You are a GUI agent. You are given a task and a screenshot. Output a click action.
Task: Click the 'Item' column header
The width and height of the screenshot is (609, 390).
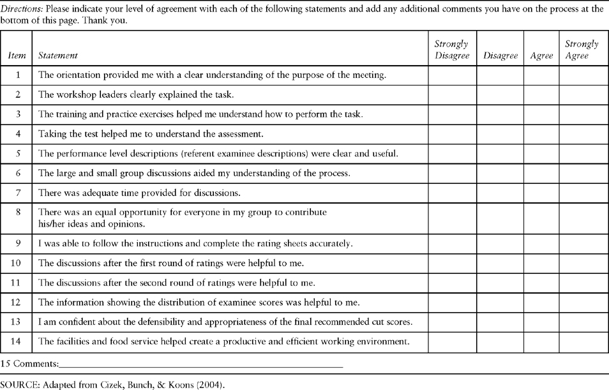17,56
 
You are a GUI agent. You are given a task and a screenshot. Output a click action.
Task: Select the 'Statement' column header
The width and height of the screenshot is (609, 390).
58,56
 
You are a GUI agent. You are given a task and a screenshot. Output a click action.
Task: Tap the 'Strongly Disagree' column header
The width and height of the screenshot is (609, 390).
452,50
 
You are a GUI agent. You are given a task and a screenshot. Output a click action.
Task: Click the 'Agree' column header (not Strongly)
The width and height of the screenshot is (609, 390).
541,56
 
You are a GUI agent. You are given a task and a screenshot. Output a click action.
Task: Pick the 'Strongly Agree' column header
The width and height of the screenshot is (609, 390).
582,50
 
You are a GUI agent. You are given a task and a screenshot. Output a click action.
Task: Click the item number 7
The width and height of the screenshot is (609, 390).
18,193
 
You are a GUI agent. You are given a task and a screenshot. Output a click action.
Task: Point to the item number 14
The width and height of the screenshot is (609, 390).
18,341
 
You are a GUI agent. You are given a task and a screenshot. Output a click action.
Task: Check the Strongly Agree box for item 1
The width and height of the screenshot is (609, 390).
583,75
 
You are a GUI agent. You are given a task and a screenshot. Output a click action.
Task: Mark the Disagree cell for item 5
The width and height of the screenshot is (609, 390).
500,154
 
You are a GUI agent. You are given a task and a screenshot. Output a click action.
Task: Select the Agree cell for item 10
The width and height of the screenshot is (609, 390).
541,263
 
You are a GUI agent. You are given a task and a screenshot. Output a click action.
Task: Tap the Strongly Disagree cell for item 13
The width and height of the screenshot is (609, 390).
452,322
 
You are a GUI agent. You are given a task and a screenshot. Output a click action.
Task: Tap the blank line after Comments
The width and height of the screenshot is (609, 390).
200,366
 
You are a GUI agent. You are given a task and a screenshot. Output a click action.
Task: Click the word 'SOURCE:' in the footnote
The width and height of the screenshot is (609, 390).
19,385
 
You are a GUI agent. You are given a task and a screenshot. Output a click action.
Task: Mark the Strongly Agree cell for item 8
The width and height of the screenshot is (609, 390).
583,218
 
